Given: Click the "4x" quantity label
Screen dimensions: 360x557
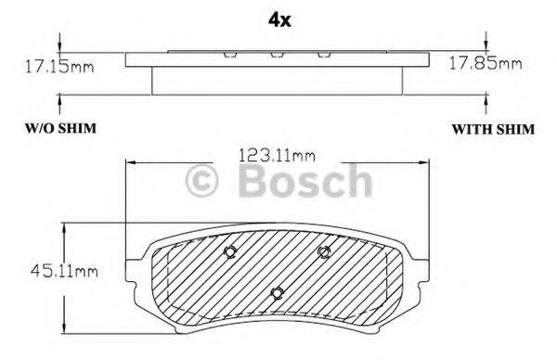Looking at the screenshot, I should (278, 19).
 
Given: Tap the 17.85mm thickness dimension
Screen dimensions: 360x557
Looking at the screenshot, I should (486, 64).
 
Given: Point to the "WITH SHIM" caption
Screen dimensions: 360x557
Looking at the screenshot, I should (492, 129).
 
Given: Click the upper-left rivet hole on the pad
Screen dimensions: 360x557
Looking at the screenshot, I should (230, 252).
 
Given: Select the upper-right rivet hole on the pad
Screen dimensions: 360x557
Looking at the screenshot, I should (325, 252).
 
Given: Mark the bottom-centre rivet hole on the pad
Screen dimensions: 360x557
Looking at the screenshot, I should (277, 293).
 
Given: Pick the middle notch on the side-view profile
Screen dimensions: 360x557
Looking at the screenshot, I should (276, 53).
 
